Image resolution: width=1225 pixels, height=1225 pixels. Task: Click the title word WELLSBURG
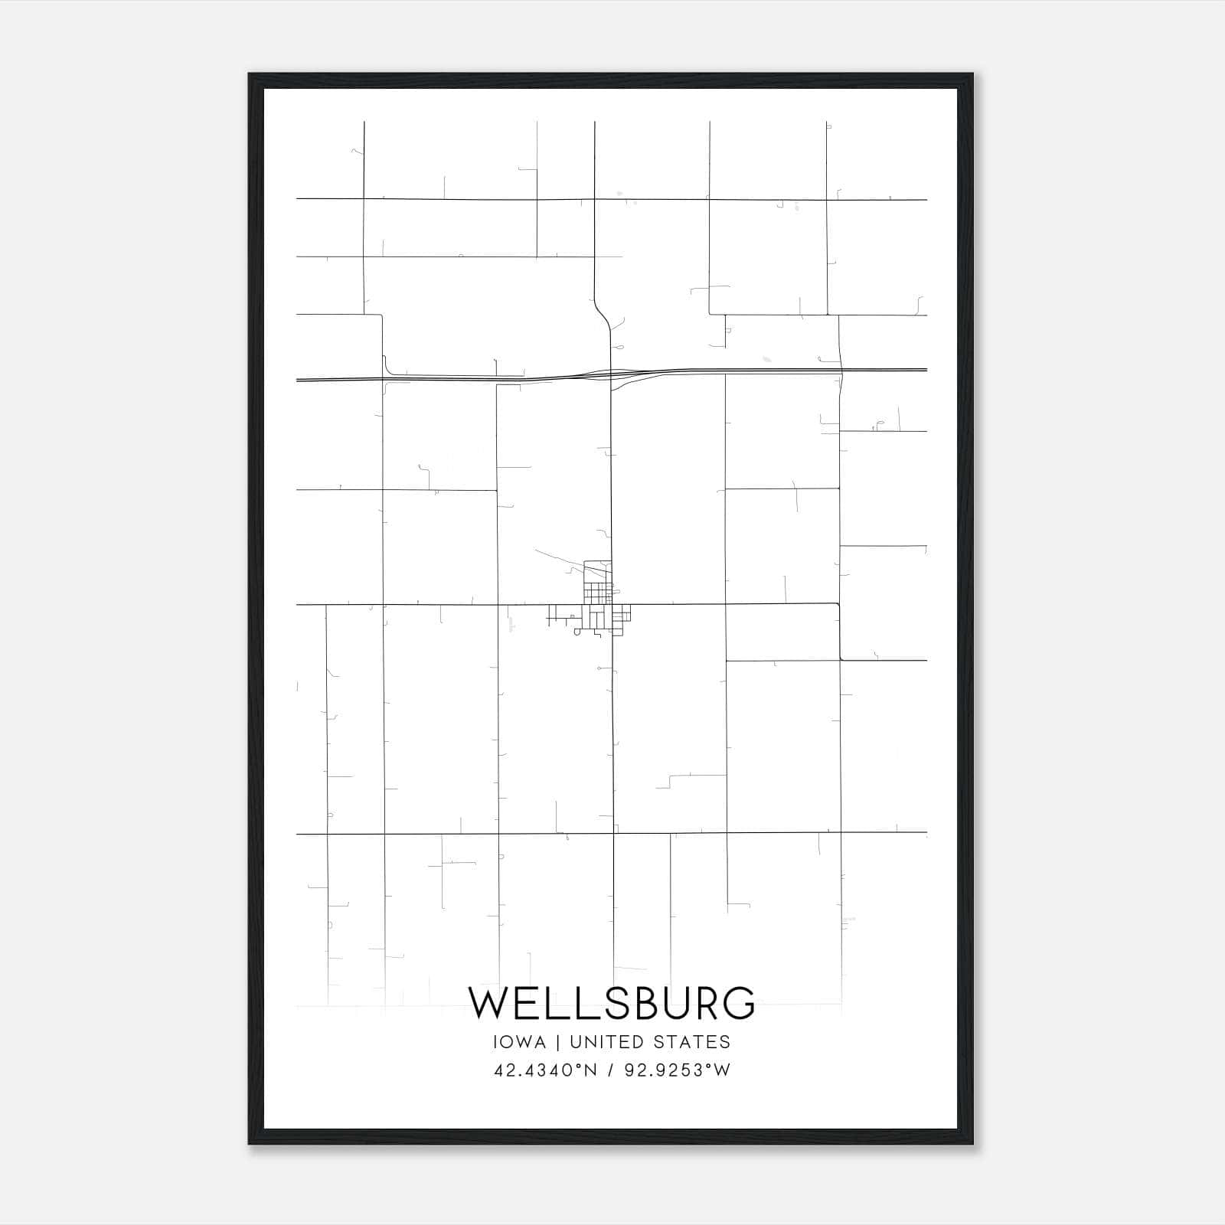pyautogui.click(x=612, y=1003)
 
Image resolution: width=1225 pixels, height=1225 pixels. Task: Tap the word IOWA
pyautogui.click(x=520, y=1042)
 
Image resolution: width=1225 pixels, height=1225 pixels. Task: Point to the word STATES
pyautogui.click(x=692, y=1042)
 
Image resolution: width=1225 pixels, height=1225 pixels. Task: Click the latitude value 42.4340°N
pyautogui.click(x=544, y=1070)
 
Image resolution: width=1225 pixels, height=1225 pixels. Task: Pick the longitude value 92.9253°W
pyautogui.click(x=678, y=1070)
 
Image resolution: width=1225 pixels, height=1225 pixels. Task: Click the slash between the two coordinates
pyautogui.click(x=611, y=1070)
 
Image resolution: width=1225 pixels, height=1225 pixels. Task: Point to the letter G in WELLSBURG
pyautogui.click(x=737, y=1003)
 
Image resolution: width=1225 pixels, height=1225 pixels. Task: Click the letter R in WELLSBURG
pyautogui.click(x=704, y=1003)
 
